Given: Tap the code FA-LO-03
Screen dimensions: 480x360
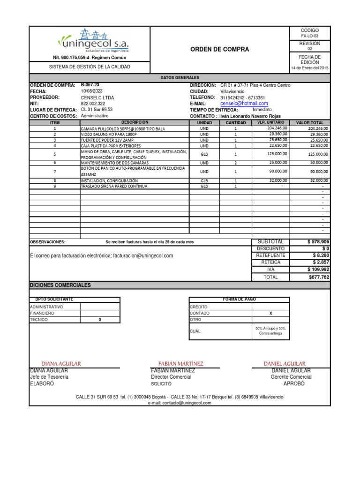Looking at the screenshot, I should tap(309, 36).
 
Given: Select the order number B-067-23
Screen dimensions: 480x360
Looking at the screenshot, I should tap(90, 85).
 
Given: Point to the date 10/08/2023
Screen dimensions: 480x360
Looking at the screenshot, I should tap(91, 91).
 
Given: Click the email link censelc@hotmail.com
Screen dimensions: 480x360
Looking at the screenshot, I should tap(244, 104).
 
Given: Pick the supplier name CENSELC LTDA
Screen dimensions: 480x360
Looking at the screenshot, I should tap(97, 97).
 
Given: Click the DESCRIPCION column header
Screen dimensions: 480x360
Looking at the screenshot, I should tap(135, 122).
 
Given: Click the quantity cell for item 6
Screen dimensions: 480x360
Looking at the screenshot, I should tap(236, 163).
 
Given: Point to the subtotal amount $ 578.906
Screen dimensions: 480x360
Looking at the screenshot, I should tap(318, 241).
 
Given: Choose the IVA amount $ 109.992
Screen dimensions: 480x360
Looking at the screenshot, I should tap(318, 270).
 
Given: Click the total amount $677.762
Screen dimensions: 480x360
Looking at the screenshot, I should tap(319, 277).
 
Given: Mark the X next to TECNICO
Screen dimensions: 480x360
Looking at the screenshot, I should tap(99, 319).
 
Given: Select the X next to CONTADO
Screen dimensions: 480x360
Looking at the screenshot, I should tap(270, 313).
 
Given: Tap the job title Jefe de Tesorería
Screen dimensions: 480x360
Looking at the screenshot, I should tap(49, 377).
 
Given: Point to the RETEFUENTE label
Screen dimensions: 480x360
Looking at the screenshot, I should tap(270, 255).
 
